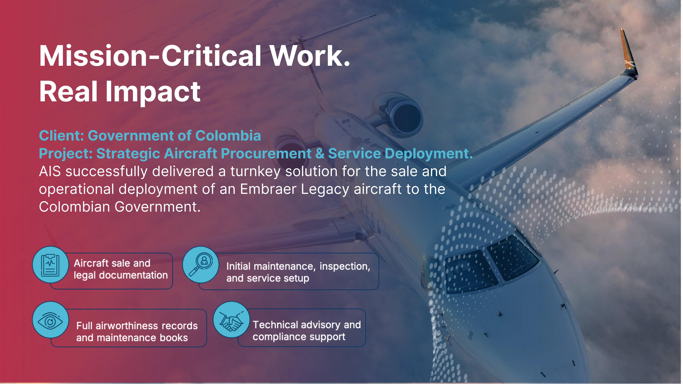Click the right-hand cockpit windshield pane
513,258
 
